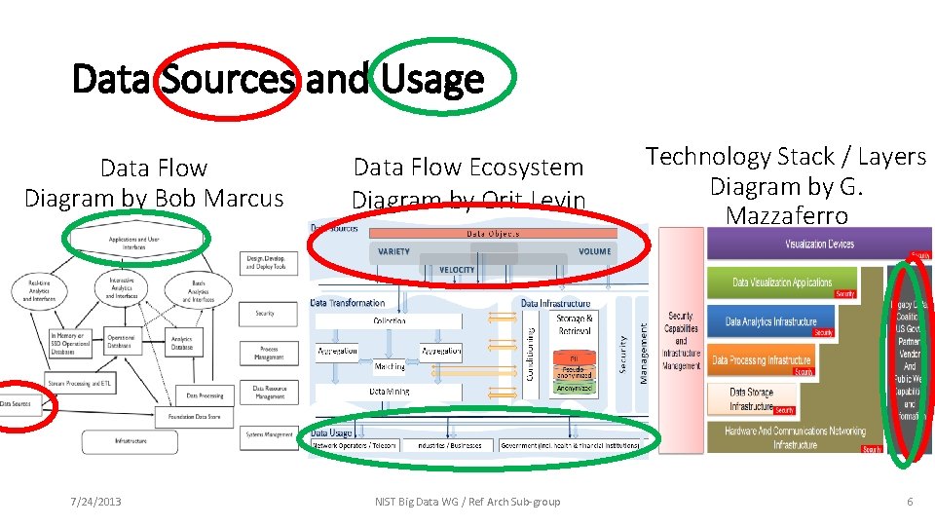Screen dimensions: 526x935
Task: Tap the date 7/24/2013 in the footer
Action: pyautogui.click(x=96, y=501)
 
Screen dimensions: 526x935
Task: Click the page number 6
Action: pyautogui.click(x=910, y=501)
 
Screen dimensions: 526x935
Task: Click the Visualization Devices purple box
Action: pyautogui.click(x=819, y=244)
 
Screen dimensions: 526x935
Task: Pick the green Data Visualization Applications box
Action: pyautogui.click(x=782, y=282)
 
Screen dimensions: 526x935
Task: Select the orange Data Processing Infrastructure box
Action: pyautogui.click(x=761, y=359)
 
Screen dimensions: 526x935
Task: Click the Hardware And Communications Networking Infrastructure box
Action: pyautogui.click(x=794, y=436)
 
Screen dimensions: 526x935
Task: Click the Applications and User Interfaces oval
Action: pyautogui.click(x=134, y=239)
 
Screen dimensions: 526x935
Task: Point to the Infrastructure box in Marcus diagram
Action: pyautogui.click(x=131, y=440)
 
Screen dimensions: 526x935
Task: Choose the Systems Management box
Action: pyautogui.click(x=269, y=434)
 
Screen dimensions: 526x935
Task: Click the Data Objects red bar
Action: pyautogui.click(x=493, y=234)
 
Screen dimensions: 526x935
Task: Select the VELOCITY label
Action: pyautogui.click(x=457, y=269)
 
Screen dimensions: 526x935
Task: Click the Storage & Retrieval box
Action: pyautogui.click(x=575, y=323)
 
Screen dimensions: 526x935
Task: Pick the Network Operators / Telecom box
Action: pyautogui.click(x=355, y=445)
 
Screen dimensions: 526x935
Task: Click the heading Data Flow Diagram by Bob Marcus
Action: pyautogui.click(x=154, y=183)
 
